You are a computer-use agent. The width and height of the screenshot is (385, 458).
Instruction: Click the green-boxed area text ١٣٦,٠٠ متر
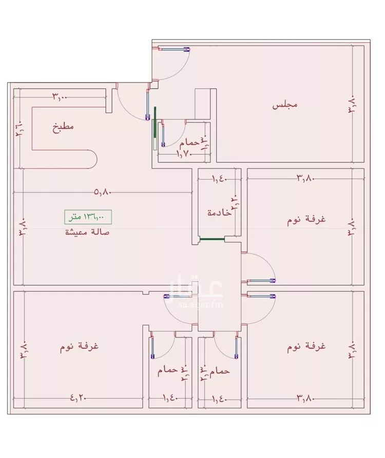[x=87, y=216]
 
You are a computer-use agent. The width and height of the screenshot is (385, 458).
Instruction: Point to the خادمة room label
[x=219, y=212]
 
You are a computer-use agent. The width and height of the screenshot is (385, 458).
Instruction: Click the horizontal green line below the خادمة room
[x=212, y=238]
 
